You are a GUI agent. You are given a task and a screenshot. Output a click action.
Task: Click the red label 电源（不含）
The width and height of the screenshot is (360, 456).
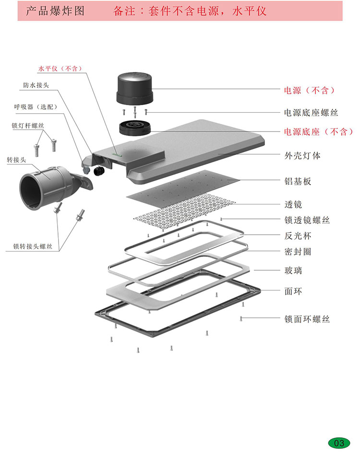click(309, 90)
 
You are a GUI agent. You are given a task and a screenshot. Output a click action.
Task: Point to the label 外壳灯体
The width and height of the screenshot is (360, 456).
click(302, 156)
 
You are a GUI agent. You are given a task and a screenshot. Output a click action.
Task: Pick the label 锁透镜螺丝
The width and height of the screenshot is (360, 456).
click(307, 220)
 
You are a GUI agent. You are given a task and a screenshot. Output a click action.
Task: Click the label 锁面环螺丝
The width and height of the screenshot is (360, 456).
click(307, 319)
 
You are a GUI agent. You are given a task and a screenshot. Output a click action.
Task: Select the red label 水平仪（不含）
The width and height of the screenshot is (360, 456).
click(60, 69)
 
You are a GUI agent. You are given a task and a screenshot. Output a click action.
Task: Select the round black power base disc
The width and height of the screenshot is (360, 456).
click(135, 128)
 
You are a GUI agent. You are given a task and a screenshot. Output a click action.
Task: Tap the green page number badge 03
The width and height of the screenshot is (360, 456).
click(339, 443)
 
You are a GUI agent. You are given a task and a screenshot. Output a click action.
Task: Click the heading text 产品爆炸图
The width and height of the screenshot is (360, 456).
click(55, 11)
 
